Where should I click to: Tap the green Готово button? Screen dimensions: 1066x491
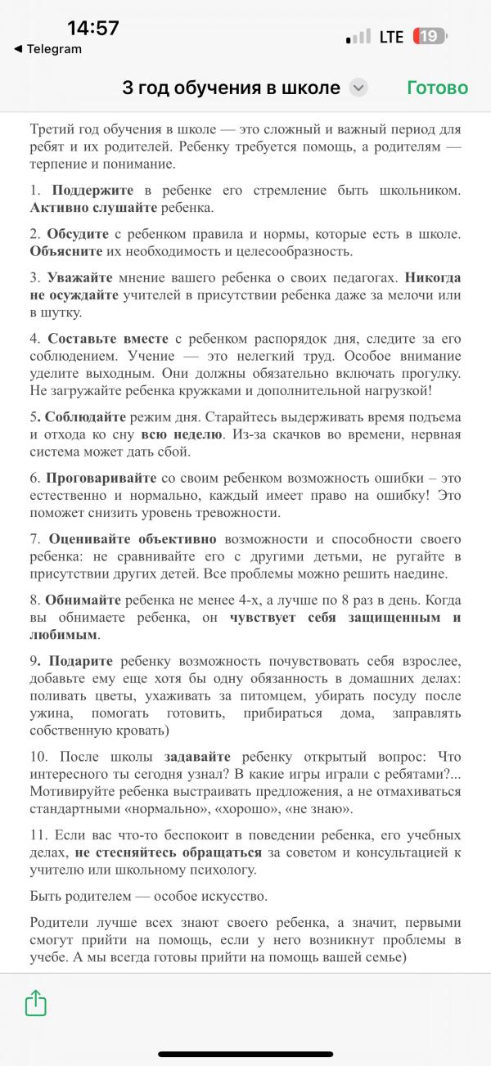click(437, 88)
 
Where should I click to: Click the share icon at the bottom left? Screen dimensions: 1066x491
click(36, 1003)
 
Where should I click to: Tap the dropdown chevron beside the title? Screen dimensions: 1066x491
click(358, 88)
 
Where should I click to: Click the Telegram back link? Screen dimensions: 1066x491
click(49, 49)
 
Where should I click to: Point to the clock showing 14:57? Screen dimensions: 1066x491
click(93, 28)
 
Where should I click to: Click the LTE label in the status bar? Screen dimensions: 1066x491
click(391, 37)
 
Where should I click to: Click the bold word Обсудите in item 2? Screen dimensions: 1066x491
click(78, 234)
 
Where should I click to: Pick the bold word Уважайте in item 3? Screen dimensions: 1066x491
click(80, 277)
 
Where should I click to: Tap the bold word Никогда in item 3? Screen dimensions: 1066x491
click(433, 277)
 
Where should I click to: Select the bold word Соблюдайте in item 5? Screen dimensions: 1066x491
click(81, 416)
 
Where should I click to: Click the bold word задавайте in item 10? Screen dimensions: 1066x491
click(197, 757)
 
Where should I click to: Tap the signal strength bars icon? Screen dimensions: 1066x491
click(358, 38)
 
